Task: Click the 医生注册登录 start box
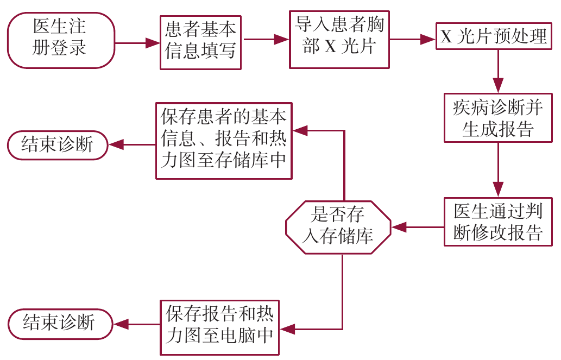tap(61, 40)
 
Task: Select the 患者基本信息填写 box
tap(201, 42)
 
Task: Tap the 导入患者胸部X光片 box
tap(339, 39)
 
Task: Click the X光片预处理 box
tap(494, 37)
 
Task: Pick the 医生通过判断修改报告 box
tap(498, 222)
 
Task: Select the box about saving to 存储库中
tap(224, 141)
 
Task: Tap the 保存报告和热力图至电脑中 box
tap(219, 327)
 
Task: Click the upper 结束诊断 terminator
tap(58, 144)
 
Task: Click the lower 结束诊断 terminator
tap(60, 324)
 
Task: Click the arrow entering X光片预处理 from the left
tap(413, 39)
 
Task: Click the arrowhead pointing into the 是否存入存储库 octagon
tap(400, 226)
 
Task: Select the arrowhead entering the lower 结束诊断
tap(121, 324)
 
